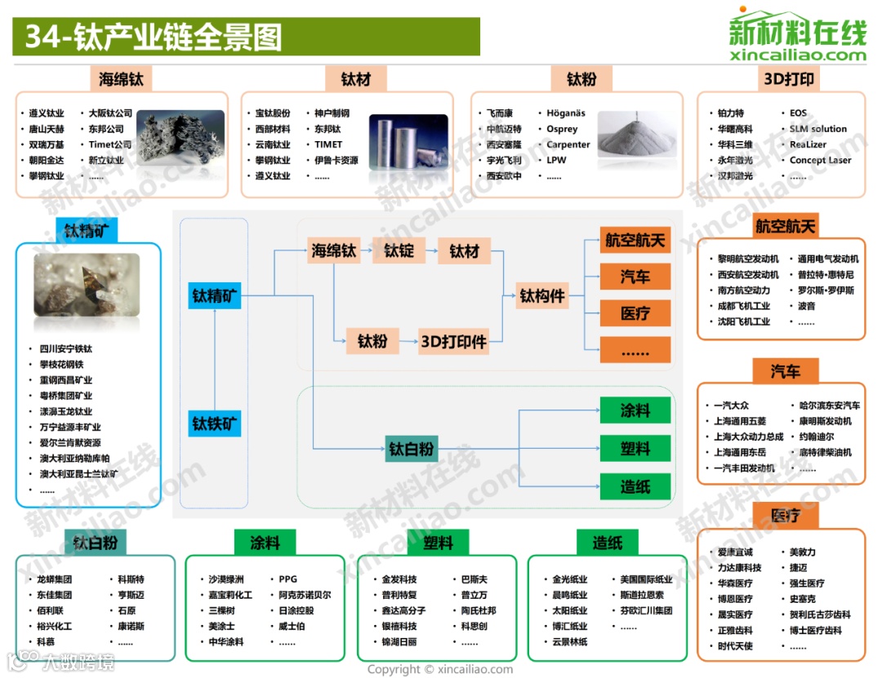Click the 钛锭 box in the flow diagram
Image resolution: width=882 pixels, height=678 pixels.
click(399, 250)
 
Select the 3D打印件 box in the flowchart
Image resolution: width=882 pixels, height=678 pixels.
click(453, 341)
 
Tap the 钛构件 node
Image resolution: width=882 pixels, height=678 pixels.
click(542, 296)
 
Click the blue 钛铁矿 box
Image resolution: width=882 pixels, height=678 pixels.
click(215, 423)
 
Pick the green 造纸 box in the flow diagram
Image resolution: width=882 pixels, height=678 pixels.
click(635, 487)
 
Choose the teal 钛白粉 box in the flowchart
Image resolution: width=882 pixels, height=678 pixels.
click(411, 449)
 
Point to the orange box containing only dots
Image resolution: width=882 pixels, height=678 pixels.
click(635, 351)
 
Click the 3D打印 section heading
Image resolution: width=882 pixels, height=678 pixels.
click(788, 79)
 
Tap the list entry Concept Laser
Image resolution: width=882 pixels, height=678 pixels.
click(820, 160)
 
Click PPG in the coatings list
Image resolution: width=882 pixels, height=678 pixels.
click(287, 579)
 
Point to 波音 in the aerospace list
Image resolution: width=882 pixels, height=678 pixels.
click(806, 306)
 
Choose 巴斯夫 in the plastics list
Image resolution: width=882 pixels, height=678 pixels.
click(474, 579)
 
